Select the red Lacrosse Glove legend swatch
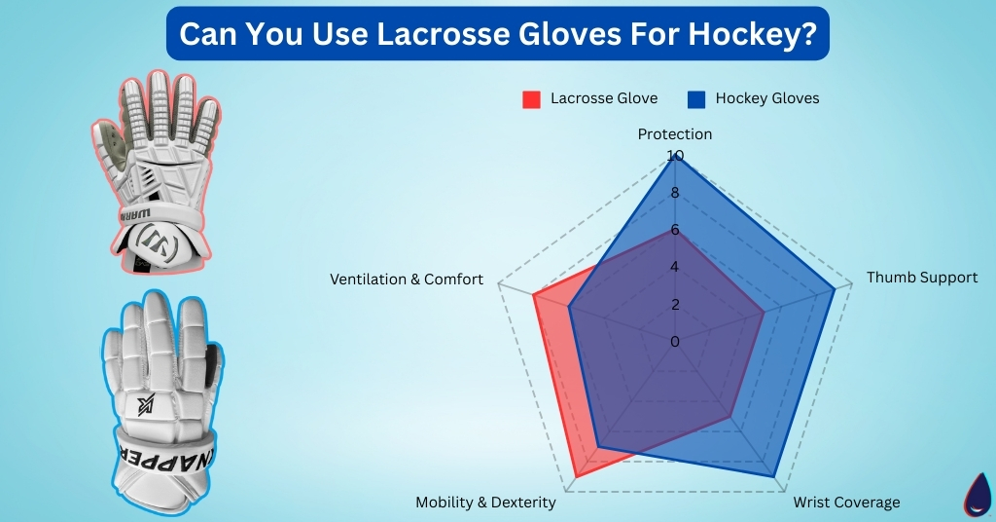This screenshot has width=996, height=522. pyautogui.click(x=531, y=98)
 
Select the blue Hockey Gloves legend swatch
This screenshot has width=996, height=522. pyautogui.click(x=695, y=98)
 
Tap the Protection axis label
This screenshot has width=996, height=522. pyautogui.click(x=675, y=134)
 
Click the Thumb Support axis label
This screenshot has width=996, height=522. pyautogui.click(x=922, y=278)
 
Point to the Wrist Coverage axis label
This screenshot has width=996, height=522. pyautogui.click(x=846, y=503)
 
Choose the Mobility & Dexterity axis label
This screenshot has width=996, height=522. pyautogui.click(x=485, y=503)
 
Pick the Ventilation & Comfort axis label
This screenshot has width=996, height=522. pyautogui.click(x=407, y=280)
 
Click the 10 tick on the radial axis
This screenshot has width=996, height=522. pyautogui.click(x=675, y=156)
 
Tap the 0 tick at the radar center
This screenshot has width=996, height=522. pyautogui.click(x=675, y=342)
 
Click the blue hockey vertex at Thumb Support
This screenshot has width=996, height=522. pyautogui.click(x=835, y=289)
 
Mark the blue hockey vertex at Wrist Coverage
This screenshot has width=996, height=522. pyautogui.click(x=774, y=476)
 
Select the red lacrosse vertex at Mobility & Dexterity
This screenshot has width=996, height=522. pyautogui.click(x=577, y=476)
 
